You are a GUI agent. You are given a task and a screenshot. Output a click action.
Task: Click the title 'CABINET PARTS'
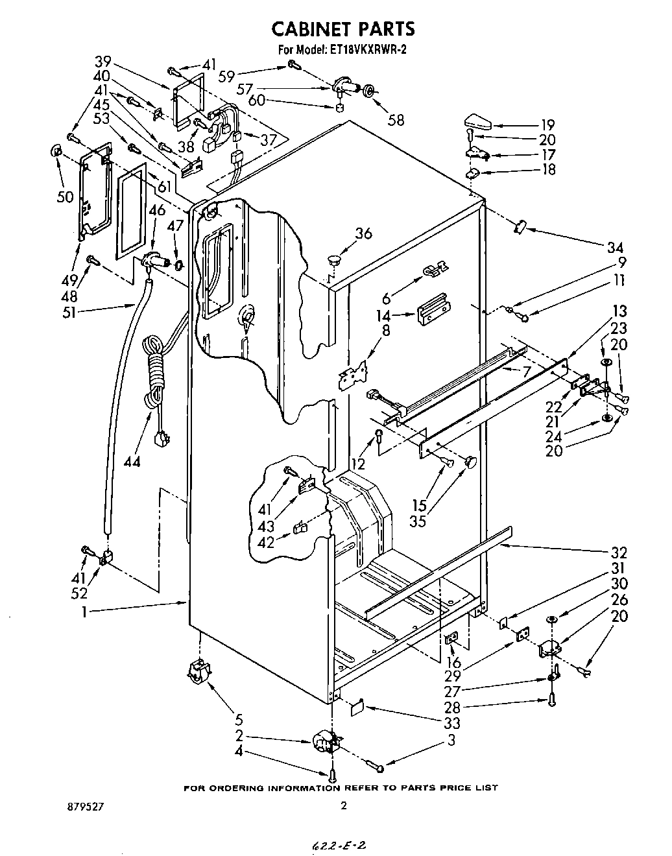[342, 29]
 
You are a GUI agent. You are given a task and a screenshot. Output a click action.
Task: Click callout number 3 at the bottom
[450, 740]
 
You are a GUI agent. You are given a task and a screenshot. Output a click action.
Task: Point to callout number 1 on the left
[85, 611]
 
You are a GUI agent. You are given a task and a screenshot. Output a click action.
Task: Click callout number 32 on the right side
[619, 553]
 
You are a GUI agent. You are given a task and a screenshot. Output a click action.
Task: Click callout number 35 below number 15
[418, 520]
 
